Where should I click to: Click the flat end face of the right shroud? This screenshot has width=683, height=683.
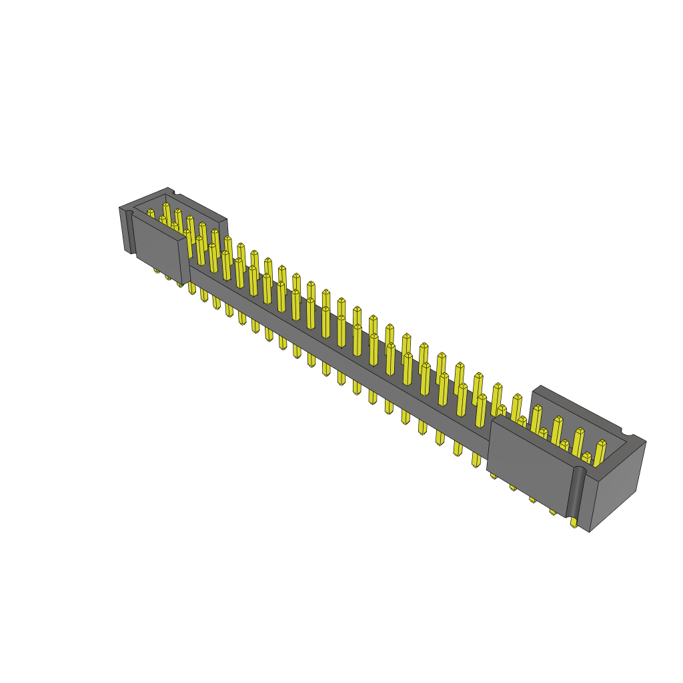coord(618,487)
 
